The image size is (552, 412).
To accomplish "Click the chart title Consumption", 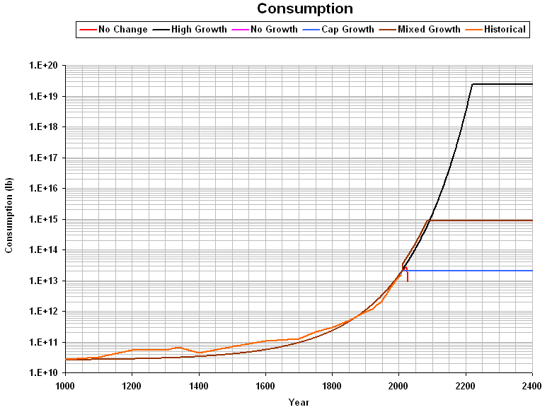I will point(305,9).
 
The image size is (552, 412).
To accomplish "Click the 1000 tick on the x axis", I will point(65,386).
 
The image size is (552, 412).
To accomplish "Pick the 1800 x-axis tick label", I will point(332,386).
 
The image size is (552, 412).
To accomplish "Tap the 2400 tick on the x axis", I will point(531,386).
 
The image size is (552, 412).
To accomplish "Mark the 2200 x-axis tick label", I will point(465,386).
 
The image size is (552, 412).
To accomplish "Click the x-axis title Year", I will point(298,402).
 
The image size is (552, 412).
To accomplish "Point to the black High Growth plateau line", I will point(502,84).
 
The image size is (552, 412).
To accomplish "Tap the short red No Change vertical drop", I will point(408,276).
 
